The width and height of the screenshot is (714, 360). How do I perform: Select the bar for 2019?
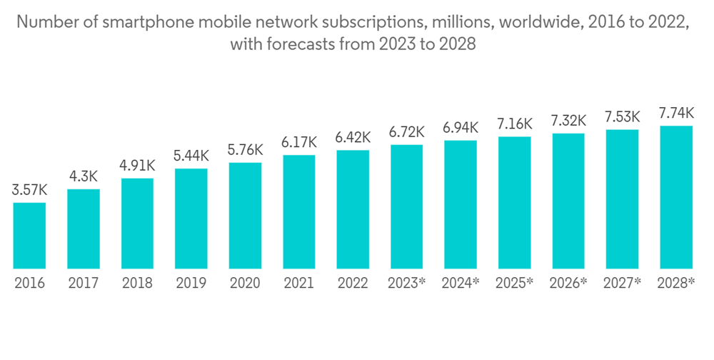191,219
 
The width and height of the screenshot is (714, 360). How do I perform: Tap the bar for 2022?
353,209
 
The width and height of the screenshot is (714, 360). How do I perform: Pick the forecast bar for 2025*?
514,203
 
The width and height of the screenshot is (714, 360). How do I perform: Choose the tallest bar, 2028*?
675,197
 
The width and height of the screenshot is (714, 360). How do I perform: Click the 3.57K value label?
30,191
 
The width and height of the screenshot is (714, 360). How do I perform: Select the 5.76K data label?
245,151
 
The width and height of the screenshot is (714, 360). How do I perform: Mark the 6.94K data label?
461,129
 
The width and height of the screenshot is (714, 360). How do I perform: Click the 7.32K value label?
568,121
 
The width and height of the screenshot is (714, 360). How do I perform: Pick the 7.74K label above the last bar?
675,114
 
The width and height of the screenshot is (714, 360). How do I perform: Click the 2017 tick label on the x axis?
84,283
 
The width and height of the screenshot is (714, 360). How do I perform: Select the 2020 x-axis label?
245,283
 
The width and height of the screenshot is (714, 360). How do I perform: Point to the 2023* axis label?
407,283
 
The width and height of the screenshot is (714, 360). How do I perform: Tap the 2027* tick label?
622,283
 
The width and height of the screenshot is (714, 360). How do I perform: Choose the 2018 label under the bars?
137,283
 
